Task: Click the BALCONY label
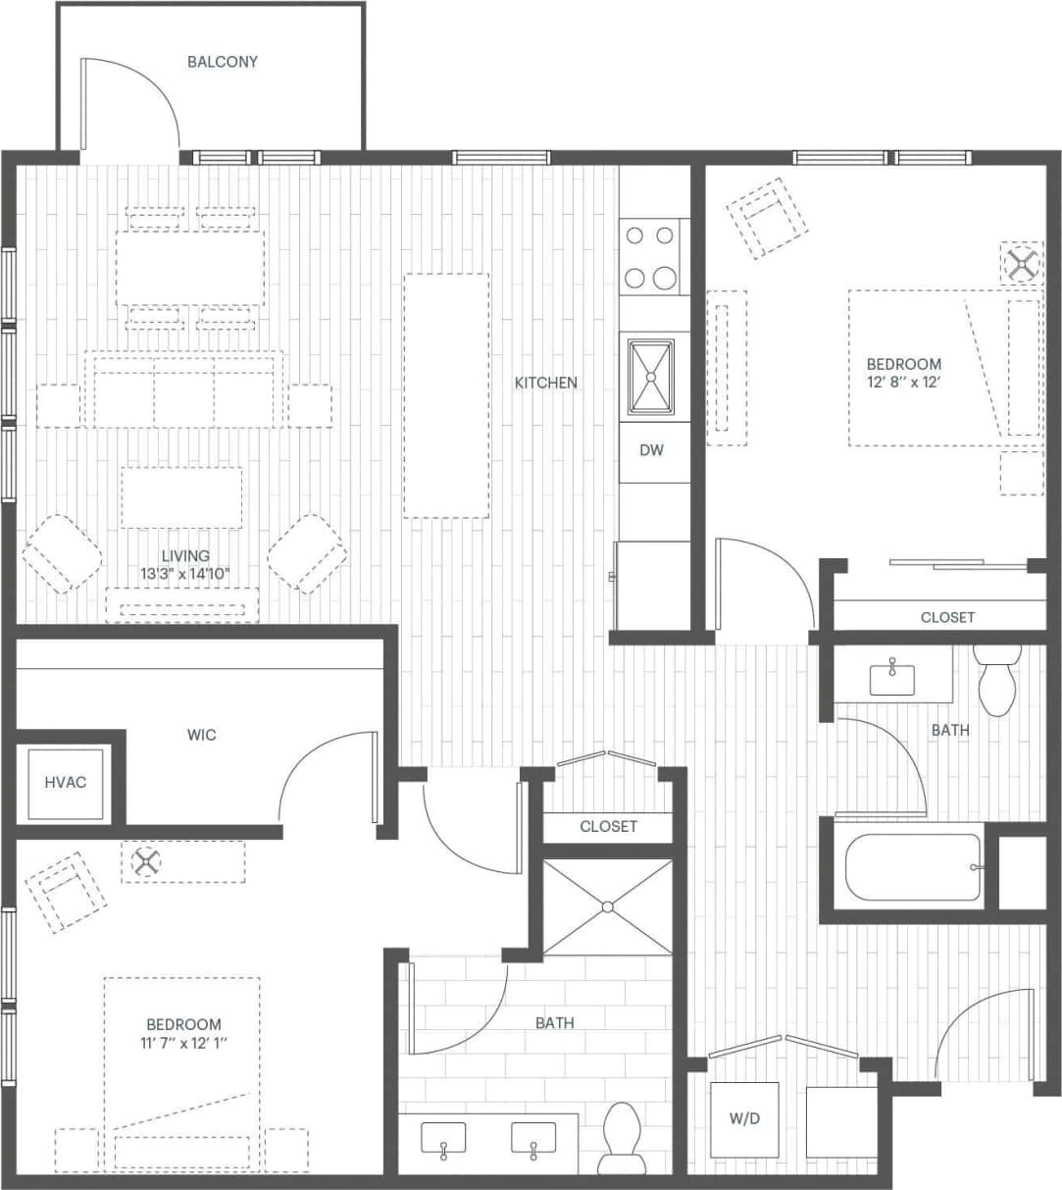(x=223, y=62)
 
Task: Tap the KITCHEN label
(x=546, y=383)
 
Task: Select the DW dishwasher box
(x=652, y=450)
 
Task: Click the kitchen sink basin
(x=650, y=377)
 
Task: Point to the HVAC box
(x=66, y=783)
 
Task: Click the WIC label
(x=201, y=735)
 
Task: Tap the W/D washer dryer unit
(x=743, y=1119)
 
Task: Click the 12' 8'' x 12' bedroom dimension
(x=903, y=382)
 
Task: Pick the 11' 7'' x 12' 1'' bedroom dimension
(x=183, y=1042)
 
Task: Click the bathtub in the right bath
(x=913, y=867)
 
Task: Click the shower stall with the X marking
(x=608, y=906)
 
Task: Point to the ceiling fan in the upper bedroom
(x=1023, y=263)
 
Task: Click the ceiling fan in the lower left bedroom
(x=146, y=862)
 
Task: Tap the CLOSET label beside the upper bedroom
(x=947, y=617)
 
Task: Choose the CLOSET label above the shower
(x=608, y=826)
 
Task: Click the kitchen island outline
(x=446, y=395)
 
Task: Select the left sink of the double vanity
(x=444, y=1139)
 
